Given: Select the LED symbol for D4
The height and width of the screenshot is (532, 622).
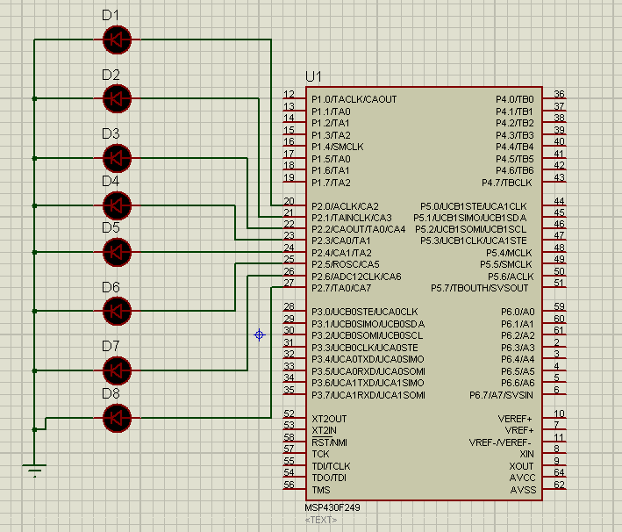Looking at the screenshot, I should point(117,205).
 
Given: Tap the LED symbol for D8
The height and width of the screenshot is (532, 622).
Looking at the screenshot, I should point(117,418).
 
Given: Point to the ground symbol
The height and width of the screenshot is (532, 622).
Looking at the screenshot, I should point(34,471).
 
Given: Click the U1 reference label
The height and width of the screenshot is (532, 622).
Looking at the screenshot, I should point(314,77).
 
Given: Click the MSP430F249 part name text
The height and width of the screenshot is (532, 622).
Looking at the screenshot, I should point(332,508).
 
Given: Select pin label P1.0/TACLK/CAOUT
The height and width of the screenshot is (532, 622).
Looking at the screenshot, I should point(354,99).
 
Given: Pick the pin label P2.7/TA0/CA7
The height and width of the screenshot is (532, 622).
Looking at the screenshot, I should point(341,288).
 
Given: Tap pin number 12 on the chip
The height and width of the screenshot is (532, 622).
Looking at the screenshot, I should point(289,95).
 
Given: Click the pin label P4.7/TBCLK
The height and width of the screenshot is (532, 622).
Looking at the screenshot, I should point(506,183).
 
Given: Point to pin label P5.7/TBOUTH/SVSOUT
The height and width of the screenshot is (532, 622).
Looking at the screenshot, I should point(479,288).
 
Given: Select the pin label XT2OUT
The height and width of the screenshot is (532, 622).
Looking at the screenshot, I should point(329,419).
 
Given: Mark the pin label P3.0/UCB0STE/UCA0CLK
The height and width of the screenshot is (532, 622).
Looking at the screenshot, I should point(364,312).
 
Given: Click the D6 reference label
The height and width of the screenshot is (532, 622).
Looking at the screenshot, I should point(111,287).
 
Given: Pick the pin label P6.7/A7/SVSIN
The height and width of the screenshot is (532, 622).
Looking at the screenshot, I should point(501,395).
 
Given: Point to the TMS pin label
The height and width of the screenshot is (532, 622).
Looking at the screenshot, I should point(321,490).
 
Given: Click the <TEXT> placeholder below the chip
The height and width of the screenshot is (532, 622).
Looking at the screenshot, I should point(320,520).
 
